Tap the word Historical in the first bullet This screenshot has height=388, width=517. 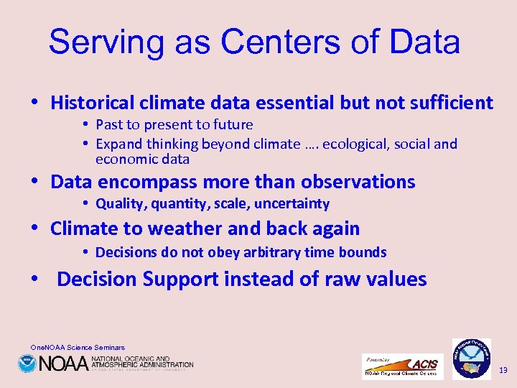tap(92, 103)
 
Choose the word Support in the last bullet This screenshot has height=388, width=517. tap(180, 279)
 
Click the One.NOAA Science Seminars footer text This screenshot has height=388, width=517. tap(78, 348)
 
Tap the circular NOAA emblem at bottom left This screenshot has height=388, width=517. tap(27, 364)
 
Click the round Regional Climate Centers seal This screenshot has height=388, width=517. tap(472, 358)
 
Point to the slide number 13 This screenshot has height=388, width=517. tap(503, 371)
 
